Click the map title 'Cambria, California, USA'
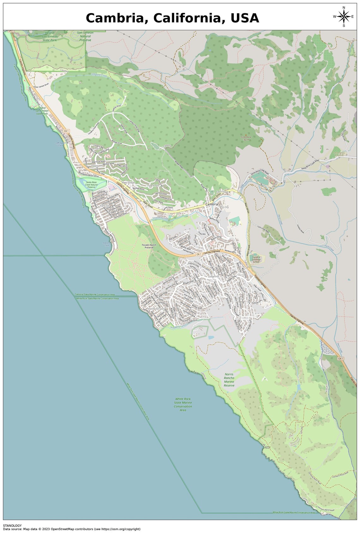click(172, 18)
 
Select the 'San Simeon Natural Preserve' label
click(85, 36)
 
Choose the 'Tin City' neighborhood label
click(225, 207)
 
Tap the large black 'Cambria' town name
click(212, 204)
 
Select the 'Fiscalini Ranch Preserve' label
click(149, 246)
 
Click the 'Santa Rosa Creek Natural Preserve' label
click(91, 185)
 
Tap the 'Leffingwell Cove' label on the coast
click(59, 144)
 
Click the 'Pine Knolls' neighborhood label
click(154, 186)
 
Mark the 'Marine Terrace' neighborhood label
click(156, 309)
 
